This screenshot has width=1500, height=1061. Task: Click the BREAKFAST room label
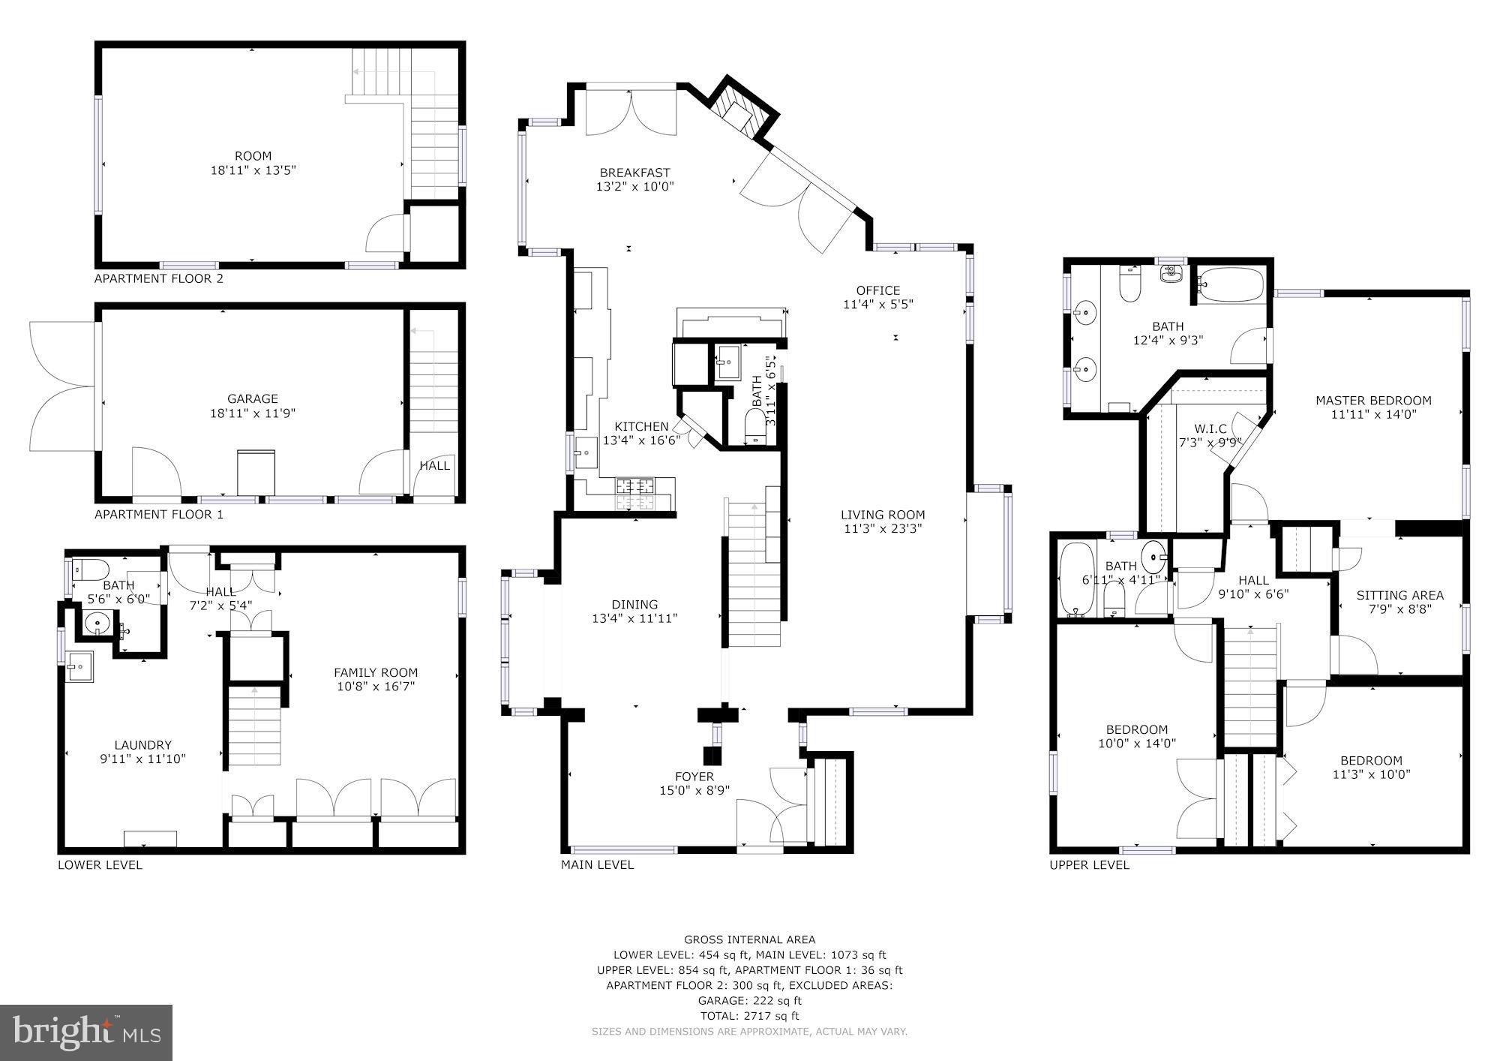634,173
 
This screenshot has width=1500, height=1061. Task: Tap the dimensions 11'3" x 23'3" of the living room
882,529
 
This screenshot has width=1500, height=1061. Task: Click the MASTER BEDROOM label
1373,401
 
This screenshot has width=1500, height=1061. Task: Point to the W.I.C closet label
1210,428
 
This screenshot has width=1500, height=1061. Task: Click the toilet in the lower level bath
91,568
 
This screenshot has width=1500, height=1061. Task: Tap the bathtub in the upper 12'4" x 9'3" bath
1230,284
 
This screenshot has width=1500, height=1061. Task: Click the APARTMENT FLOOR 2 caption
158,278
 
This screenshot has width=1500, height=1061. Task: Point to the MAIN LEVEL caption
597,864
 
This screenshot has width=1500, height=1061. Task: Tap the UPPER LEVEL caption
1089,864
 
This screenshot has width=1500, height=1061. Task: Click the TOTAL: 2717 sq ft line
749,1016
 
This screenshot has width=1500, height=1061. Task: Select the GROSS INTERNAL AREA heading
749,939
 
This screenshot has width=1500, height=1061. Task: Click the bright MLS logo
86,1032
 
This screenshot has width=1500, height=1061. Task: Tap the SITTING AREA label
1399,596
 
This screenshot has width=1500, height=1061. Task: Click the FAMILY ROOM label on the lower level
376,673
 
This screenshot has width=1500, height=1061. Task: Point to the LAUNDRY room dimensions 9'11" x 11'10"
142,759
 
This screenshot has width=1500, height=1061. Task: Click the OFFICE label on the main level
877,291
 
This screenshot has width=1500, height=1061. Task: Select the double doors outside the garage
61,386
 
